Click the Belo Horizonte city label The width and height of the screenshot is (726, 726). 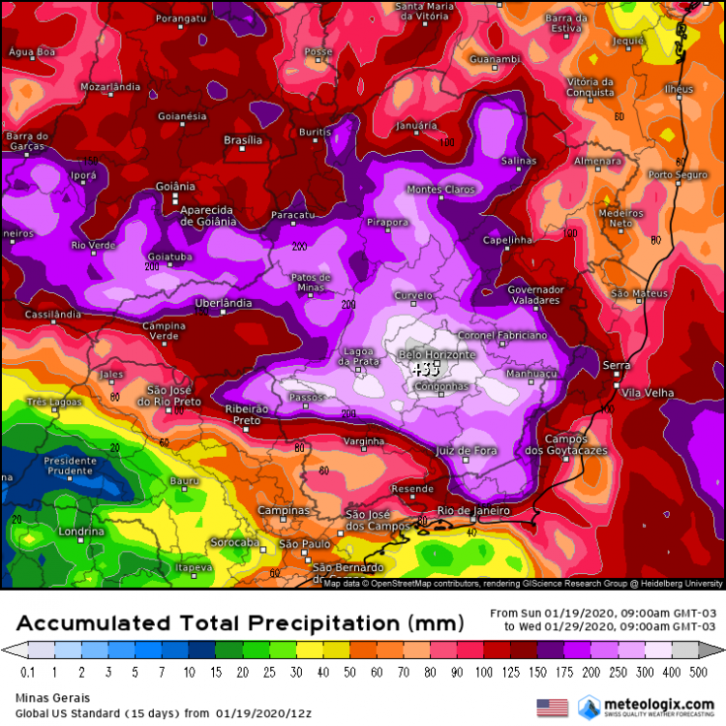click(438, 355)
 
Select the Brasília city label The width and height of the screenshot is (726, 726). click(243, 140)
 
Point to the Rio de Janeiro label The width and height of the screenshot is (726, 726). click(473, 510)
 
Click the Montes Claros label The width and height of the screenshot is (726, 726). click(440, 189)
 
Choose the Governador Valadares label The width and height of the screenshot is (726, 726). click(535, 294)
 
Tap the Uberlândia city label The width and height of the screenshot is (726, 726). click(224, 303)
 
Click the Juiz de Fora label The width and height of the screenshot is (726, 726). click(467, 451)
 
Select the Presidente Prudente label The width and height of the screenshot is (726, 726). click(71, 466)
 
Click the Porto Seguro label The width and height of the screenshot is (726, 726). click(675, 174)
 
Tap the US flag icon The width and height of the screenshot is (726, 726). click(553, 707)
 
